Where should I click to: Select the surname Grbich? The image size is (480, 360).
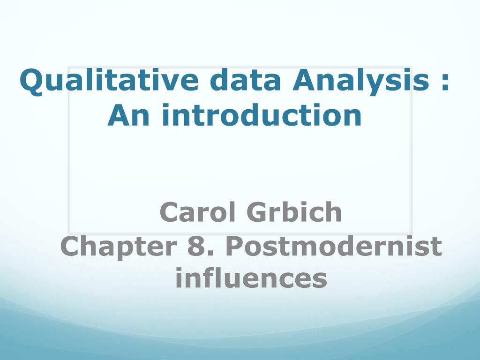(x=294, y=212)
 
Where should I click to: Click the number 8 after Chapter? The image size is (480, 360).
(x=194, y=247)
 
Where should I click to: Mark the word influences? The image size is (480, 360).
(x=251, y=278)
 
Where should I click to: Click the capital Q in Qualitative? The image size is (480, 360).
(x=30, y=82)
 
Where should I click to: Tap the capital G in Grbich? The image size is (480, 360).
(x=257, y=212)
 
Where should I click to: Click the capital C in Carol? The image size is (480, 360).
(x=170, y=212)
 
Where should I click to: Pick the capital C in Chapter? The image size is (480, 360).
(x=71, y=247)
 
